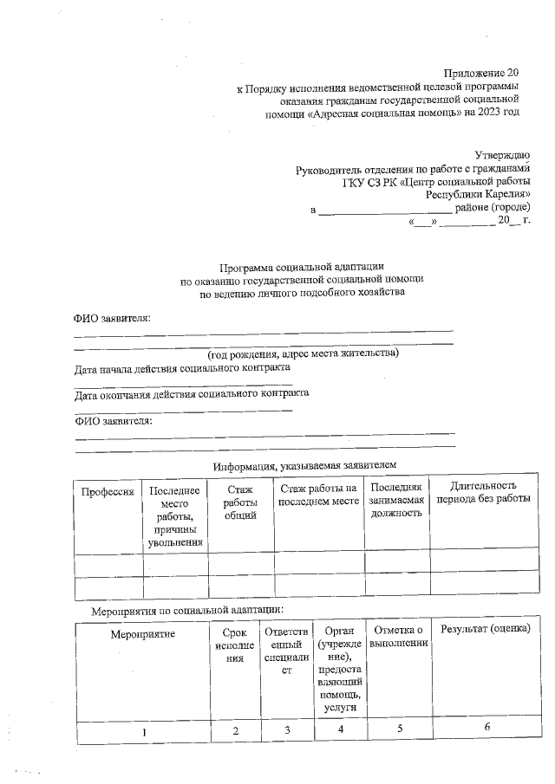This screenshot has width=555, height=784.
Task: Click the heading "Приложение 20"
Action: [481, 73]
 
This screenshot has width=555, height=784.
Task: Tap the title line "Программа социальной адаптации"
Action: [302, 268]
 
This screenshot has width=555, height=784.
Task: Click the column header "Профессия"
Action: [108, 491]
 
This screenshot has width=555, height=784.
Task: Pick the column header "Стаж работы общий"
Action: [240, 503]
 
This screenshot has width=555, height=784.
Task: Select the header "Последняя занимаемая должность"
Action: [395, 500]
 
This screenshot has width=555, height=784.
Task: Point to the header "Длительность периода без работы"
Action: [483, 493]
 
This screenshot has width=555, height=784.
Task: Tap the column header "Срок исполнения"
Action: [235, 646]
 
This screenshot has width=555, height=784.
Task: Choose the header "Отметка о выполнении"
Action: [399, 635]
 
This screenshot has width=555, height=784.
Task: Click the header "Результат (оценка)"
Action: [485, 628]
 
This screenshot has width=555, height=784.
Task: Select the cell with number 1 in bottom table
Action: [144, 733]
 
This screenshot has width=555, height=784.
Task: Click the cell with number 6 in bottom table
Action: [487, 727]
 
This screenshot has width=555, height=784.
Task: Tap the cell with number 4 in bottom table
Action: [341, 729]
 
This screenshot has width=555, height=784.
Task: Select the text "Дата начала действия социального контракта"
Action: [182, 367]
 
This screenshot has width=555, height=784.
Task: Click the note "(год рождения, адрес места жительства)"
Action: [302, 354]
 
